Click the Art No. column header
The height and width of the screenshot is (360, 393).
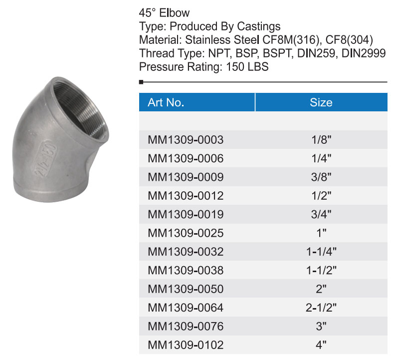click(166, 102)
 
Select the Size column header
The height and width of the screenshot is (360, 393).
click(321, 102)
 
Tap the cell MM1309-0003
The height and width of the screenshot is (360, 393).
click(186, 140)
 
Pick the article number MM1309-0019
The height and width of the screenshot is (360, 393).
click(186, 215)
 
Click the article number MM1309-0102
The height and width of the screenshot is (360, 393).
click(186, 345)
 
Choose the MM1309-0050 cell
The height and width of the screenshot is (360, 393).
click(186, 289)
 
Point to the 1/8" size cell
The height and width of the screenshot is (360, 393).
click(321, 140)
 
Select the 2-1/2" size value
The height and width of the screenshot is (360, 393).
click(321, 308)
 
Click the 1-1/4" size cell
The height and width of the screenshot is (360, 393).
click(321, 252)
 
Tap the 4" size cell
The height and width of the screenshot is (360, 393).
click(321, 345)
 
